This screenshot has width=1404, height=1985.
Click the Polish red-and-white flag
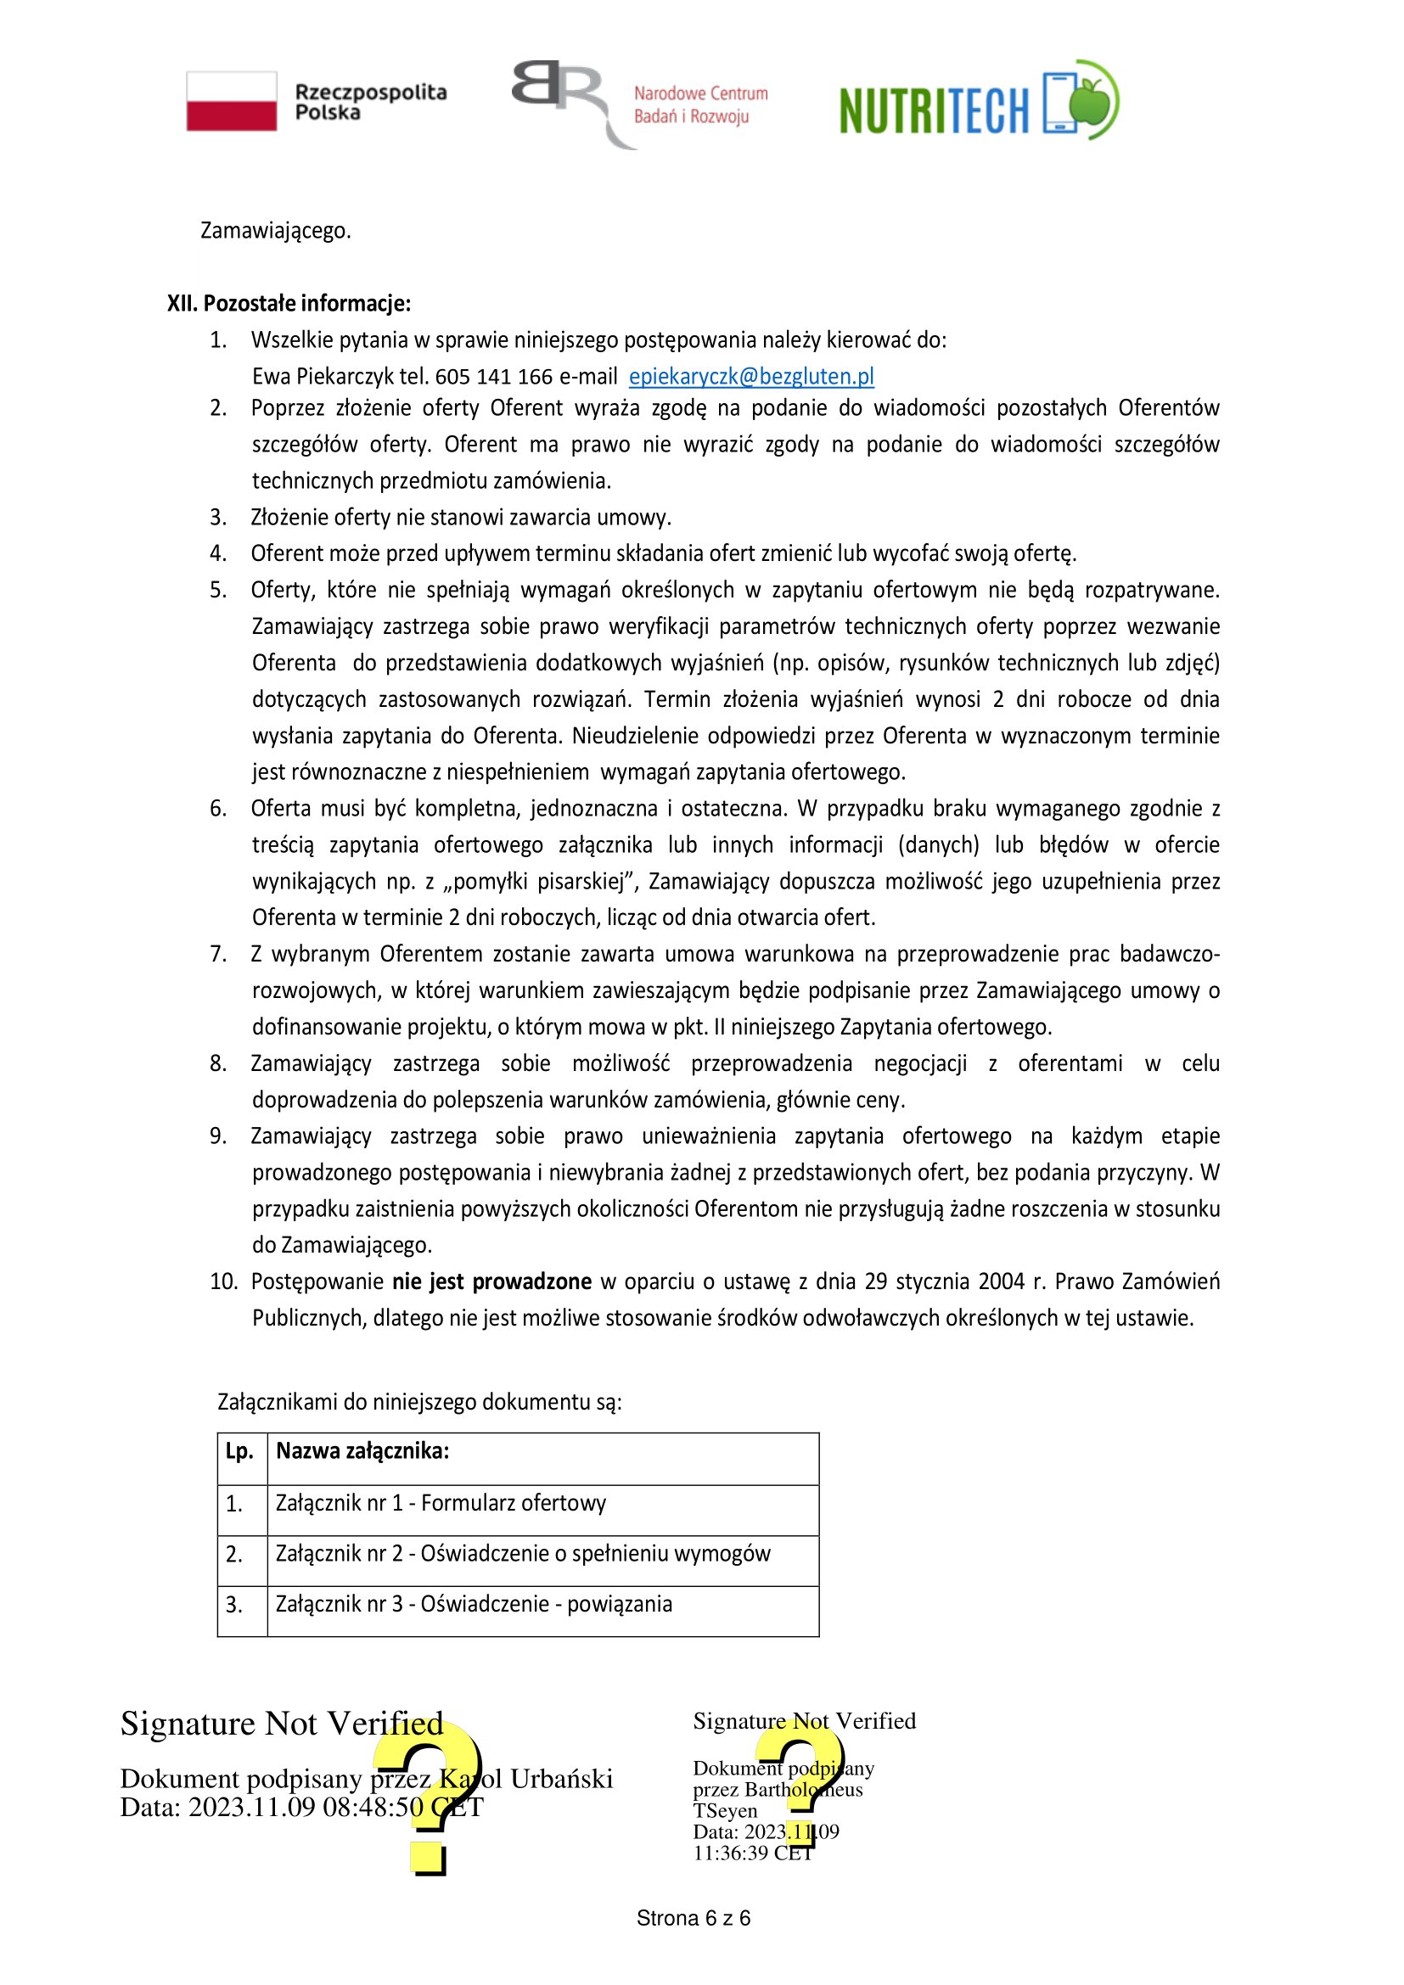coord(232,101)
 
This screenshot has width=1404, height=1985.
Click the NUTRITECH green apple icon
coord(1092,100)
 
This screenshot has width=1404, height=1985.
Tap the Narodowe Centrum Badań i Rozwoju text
coord(700,104)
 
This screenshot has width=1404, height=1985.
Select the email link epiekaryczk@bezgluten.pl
coord(750,376)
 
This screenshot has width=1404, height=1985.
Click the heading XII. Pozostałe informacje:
coord(289,304)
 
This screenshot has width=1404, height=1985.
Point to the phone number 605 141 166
coord(494,376)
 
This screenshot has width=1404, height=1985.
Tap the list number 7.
coord(218,954)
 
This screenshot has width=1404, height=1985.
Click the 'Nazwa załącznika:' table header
coord(362,1450)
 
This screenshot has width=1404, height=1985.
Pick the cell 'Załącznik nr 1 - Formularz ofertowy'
coord(441,1503)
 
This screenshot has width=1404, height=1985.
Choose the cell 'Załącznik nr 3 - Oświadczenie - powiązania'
coord(474,1604)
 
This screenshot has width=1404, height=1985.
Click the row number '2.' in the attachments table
coord(234,1554)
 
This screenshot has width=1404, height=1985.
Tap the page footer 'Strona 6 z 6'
coord(694,1919)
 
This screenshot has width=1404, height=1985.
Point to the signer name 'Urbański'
coord(561,1779)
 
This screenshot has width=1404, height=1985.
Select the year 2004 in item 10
coord(1001,1281)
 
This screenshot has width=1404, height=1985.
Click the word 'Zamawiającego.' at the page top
coord(276,231)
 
